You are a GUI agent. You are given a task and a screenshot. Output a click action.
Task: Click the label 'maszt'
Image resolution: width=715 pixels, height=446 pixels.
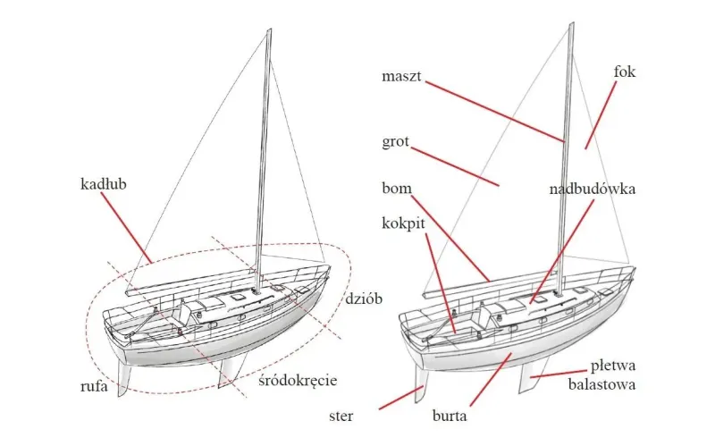tap(401, 76)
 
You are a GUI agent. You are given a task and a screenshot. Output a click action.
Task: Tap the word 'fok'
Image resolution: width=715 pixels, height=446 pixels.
tap(624, 72)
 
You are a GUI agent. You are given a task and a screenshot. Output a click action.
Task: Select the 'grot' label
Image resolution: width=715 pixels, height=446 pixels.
tap(395, 142)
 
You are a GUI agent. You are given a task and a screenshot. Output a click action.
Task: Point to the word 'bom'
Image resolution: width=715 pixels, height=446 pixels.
tap(397, 188)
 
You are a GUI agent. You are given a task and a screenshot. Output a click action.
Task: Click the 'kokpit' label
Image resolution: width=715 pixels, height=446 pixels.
tap(404, 223)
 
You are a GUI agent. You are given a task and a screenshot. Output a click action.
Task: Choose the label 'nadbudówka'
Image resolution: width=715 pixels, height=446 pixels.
tap(592, 189)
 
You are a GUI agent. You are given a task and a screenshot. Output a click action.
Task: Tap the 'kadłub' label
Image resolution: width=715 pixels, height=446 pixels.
tap(104, 184)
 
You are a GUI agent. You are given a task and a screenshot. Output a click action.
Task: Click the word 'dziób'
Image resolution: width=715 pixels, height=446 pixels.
tap(364, 299)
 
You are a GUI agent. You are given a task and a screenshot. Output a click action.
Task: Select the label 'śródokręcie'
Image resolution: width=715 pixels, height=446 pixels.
tap(298, 381)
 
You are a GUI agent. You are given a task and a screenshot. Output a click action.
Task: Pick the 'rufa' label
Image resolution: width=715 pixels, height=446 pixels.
tap(94, 386)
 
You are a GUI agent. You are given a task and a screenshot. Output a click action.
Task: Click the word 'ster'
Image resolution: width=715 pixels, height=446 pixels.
tap(341, 416)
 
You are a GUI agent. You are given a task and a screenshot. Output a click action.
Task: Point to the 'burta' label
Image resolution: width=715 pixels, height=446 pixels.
tap(450, 416)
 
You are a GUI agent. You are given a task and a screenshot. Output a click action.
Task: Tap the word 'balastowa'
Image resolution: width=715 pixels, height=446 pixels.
tap(601, 384)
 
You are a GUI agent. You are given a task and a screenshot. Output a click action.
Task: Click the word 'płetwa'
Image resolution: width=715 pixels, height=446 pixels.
tap(613, 366)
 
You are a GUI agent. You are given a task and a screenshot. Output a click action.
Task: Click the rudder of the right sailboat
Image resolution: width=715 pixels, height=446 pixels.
tap(420, 384)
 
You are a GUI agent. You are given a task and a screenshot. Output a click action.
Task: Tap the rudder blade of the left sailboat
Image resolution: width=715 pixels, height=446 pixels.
tap(123, 378)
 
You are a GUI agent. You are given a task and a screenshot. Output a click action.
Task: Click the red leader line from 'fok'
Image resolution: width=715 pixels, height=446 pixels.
tap(601, 115)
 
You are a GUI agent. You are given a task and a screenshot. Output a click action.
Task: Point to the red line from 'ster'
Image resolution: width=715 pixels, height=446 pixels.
tap(401, 397)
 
